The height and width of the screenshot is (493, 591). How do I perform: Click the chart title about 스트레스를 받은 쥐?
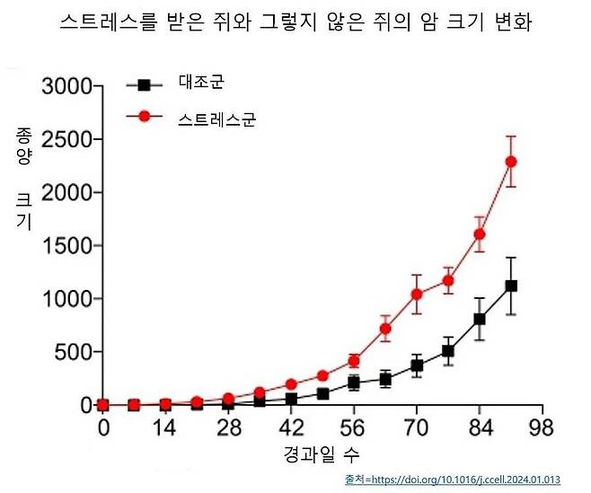(295, 22)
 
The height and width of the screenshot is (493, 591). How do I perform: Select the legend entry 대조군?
(202, 82)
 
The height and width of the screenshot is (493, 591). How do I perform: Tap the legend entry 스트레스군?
(217, 119)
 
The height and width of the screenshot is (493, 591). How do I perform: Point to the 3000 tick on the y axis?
(67, 86)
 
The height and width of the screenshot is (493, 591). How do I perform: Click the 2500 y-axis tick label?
(67, 139)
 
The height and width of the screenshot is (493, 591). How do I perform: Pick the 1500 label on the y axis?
(67, 246)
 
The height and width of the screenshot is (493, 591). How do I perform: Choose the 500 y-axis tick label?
(74, 352)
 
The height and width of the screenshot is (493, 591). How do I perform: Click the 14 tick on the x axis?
(165, 427)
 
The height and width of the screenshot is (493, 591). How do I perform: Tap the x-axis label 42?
(291, 427)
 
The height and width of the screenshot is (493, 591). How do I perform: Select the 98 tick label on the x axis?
(542, 427)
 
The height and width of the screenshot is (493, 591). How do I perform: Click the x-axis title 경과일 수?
(322, 454)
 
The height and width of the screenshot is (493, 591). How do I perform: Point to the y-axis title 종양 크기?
(23, 179)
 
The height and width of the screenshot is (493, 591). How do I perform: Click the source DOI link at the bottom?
(453, 480)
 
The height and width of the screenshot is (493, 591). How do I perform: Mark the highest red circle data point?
(511, 162)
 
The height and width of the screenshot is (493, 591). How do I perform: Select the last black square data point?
(511, 286)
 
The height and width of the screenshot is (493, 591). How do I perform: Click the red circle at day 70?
(417, 294)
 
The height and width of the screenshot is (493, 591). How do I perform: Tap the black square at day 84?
(480, 320)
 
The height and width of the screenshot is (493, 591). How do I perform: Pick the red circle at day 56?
(354, 361)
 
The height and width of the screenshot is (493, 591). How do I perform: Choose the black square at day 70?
(417, 365)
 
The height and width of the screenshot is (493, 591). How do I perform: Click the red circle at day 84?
(480, 234)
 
